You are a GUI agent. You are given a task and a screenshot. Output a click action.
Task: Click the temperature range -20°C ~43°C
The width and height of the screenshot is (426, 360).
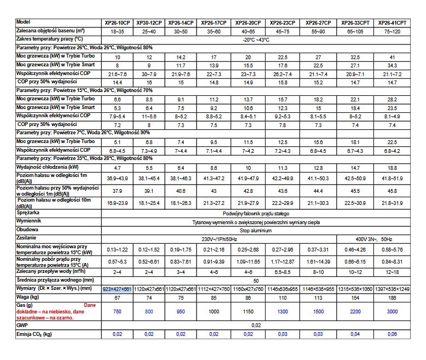pyautogui.click(x=256, y=40)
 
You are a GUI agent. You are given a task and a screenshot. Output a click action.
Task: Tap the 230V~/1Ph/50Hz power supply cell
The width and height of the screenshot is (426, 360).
pyautogui.click(x=218, y=240)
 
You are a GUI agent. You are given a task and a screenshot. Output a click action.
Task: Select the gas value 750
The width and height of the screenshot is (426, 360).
pyautogui.click(x=117, y=311)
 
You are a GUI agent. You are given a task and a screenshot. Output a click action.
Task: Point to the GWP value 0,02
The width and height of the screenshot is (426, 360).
pyautogui.click(x=256, y=325)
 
